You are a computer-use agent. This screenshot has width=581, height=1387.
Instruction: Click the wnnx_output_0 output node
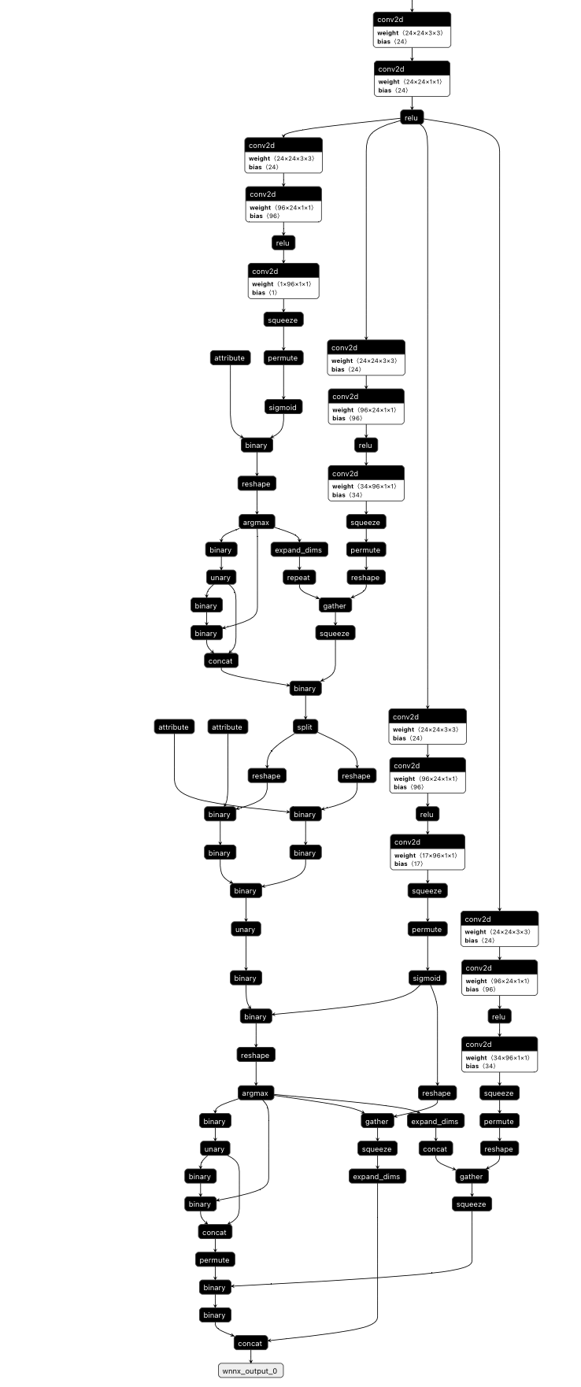click(250, 1370)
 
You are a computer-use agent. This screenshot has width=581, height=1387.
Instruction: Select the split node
click(305, 727)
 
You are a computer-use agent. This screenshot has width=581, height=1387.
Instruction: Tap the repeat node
click(298, 578)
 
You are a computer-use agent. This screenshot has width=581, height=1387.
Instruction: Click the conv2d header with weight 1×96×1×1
click(283, 271)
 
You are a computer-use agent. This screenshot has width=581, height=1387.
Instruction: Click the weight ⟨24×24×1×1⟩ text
click(409, 82)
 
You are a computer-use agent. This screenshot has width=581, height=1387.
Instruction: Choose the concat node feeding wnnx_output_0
click(250, 1343)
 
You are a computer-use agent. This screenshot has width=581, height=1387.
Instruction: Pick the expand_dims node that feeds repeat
click(299, 550)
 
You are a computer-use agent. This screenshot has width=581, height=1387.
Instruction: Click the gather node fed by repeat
click(335, 605)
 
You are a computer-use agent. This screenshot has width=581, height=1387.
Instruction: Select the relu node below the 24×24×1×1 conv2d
click(411, 118)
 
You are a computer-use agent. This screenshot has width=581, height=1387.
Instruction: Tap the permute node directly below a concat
click(214, 1259)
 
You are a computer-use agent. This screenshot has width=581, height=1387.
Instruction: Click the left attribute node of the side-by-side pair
click(173, 727)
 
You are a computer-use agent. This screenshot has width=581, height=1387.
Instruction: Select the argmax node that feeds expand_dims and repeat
click(256, 522)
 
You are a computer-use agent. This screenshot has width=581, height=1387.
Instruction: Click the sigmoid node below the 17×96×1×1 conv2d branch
click(427, 978)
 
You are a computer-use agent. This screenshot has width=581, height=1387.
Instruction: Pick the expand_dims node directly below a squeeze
click(376, 1176)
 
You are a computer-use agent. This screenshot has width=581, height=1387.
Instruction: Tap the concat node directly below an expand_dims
click(435, 1148)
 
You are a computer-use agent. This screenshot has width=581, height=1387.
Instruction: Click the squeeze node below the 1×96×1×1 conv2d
click(283, 320)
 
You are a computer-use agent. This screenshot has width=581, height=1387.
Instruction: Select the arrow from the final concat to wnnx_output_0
click(250, 1356)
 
